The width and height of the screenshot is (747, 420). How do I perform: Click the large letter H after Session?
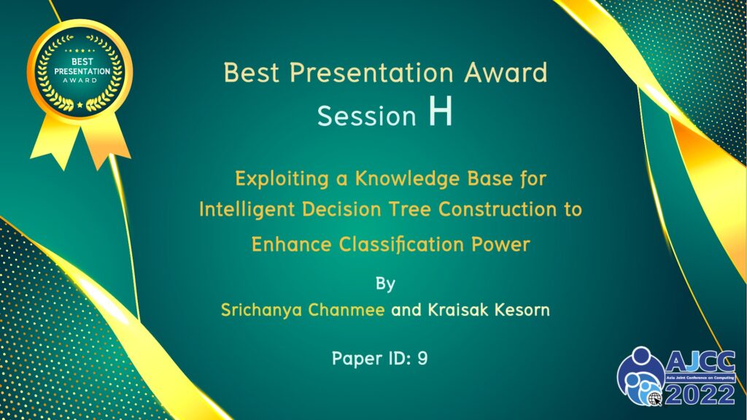click(x=440, y=112)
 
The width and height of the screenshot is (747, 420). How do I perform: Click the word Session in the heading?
click(x=367, y=116)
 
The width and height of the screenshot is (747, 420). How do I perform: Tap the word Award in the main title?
click(x=506, y=73)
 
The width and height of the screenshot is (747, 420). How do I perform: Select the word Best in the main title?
click(x=252, y=73)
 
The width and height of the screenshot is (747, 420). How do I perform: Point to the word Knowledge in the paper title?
click(x=407, y=179)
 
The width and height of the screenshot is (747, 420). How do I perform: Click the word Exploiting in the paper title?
click(x=282, y=179)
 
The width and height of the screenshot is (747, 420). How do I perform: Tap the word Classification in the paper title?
click(x=402, y=245)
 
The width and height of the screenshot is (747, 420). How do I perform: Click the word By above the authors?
click(x=385, y=284)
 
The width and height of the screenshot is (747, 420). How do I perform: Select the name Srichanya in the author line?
click(x=261, y=311)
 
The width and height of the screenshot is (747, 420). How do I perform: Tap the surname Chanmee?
click(x=347, y=310)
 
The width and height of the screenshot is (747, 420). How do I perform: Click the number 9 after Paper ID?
click(x=422, y=358)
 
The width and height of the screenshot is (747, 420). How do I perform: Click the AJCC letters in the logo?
click(x=700, y=362)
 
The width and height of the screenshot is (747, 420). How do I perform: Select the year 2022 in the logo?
click(x=700, y=394)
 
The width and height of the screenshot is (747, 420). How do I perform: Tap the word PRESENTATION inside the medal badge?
click(x=82, y=71)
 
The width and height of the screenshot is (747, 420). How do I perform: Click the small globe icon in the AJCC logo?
click(x=655, y=399)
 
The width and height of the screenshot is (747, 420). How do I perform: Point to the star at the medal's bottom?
click(x=80, y=105)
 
